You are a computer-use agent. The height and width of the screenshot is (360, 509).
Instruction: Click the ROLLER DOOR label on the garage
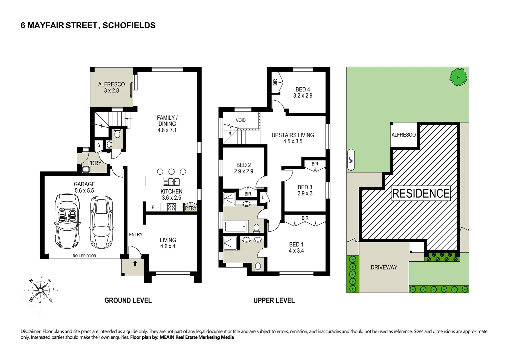pyautogui.click(x=84, y=256)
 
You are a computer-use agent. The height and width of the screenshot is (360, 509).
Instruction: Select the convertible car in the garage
pyautogui.click(x=67, y=220)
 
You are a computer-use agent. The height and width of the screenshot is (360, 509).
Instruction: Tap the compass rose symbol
pyautogui.click(x=40, y=290)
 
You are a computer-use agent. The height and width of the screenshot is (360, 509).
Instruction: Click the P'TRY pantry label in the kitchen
pyautogui.click(x=191, y=208)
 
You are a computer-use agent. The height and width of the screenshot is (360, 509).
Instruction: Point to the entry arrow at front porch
pyautogui.click(x=135, y=264)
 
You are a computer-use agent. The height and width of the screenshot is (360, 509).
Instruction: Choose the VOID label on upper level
pyautogui.click(x=241, y=120)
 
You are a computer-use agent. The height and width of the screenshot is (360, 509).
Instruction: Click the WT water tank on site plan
pyautogui.click(x=351, y=160)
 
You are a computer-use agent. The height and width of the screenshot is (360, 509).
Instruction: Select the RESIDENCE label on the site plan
pyautogui.click(x=421, y=193)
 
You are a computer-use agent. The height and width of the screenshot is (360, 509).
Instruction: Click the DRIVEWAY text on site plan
pyautogui.click(x=384, y=267)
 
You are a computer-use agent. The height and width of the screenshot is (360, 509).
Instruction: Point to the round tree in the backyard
pyautogui.click(x=458, y=77)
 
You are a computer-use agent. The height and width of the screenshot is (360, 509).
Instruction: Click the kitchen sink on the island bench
pyautogui.click(x=172, y=181)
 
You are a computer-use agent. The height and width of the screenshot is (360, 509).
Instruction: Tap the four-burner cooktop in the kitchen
pyautogui.click(x=172, y=207)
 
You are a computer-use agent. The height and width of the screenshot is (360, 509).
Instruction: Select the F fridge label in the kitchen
pyautogui.click(x=153, y=207)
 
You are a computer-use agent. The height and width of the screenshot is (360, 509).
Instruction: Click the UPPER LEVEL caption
pyautogui.click(x=274, y=300)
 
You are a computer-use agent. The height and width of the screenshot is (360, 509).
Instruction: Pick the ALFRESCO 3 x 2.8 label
pyautogui.click(x=111, y=87)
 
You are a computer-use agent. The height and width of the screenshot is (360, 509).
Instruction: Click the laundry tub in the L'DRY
pyautogui.click(x=86, y=169)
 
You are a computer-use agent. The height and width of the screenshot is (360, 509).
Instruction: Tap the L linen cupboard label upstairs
pyautogui.click(x=263, y=197)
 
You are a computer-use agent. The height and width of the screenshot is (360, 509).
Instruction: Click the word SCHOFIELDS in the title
pyautogui.click(x=129, y=25)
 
